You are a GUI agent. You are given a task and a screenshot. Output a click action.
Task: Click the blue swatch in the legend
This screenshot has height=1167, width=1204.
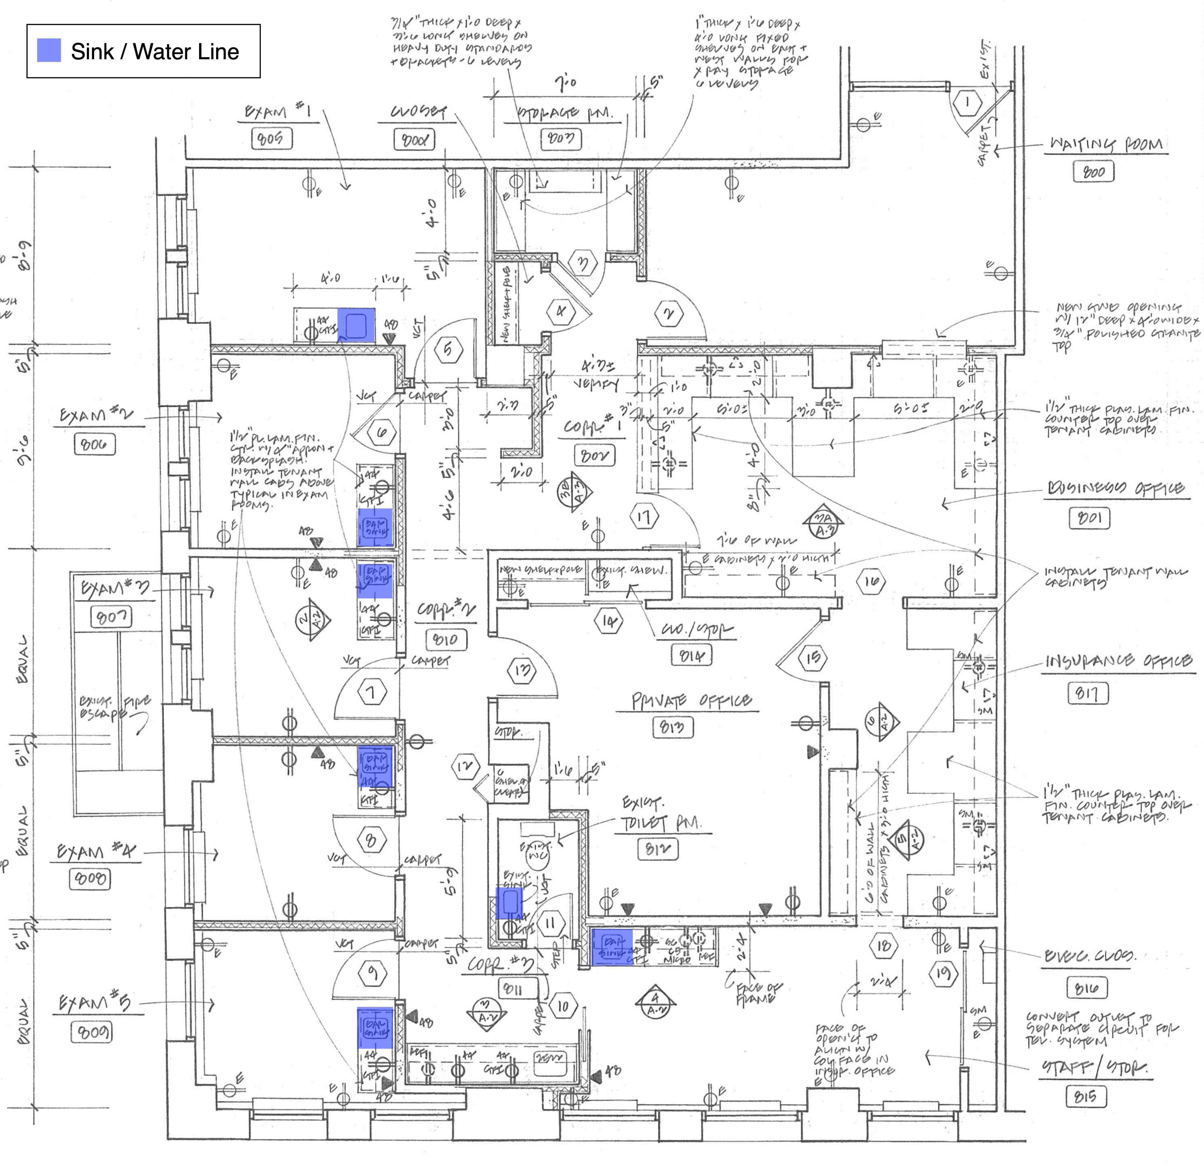coord(49,50)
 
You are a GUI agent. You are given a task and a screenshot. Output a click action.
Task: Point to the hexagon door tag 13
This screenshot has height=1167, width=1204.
coord(522,670)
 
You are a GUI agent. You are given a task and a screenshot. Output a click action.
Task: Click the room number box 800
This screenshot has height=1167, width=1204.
coord(1093,172)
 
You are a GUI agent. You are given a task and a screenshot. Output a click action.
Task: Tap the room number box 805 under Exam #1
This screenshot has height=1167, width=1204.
coord(271,139)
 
